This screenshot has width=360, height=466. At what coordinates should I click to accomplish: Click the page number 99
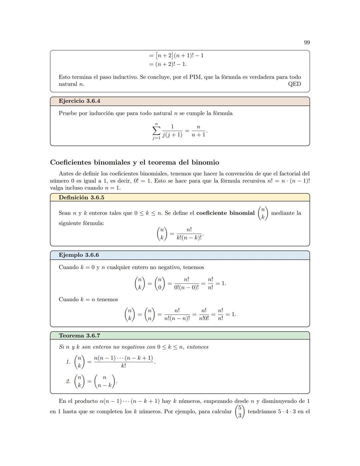(x=307, y=42)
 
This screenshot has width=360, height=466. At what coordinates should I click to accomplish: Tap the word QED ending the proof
(x=294, y=84)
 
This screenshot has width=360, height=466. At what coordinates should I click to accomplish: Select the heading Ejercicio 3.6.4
(x=79, y=101)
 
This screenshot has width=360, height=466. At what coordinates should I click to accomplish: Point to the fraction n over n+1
(x=198, y=131)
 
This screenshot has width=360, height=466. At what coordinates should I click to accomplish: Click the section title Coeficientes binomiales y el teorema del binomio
(x=135, y=162)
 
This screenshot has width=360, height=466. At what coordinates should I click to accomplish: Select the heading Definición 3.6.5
(x=81, y=197)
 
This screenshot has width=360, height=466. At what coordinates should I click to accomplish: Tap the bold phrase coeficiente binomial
(x=225, y=213)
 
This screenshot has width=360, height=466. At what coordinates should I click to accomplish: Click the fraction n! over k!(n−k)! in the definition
(x=189, y=234)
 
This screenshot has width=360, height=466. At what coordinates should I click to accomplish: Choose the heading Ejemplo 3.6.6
(x=79, y=255)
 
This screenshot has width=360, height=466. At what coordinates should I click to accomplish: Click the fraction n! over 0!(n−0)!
(x=186, y=284)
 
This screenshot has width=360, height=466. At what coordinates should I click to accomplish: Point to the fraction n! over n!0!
(x=204, y=315)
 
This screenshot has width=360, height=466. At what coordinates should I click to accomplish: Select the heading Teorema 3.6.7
(x=79, y=336)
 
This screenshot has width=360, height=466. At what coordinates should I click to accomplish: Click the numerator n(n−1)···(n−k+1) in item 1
(x=123, y=358)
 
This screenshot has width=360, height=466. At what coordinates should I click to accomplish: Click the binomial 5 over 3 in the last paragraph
(x=239, y=412)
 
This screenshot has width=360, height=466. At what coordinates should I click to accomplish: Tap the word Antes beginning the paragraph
(x=66, y=173)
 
